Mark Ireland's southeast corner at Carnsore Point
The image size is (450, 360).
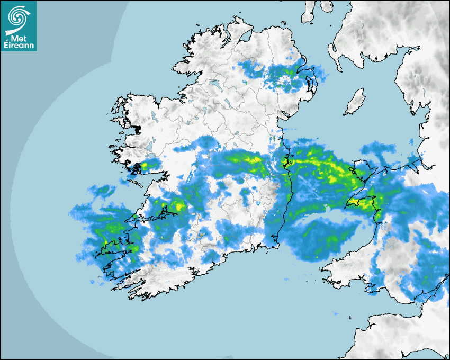[x=275, y=245]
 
